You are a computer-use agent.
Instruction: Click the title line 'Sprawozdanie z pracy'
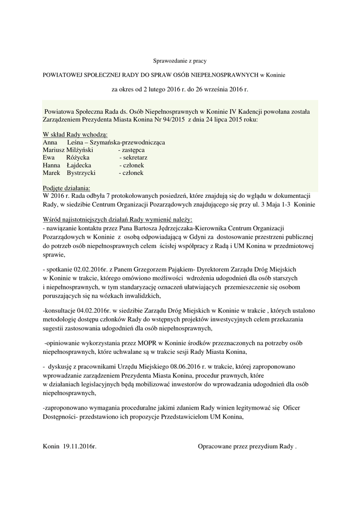(179, 61)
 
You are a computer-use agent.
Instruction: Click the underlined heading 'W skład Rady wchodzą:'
(76, 135)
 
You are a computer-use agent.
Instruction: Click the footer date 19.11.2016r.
(80, 447)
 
